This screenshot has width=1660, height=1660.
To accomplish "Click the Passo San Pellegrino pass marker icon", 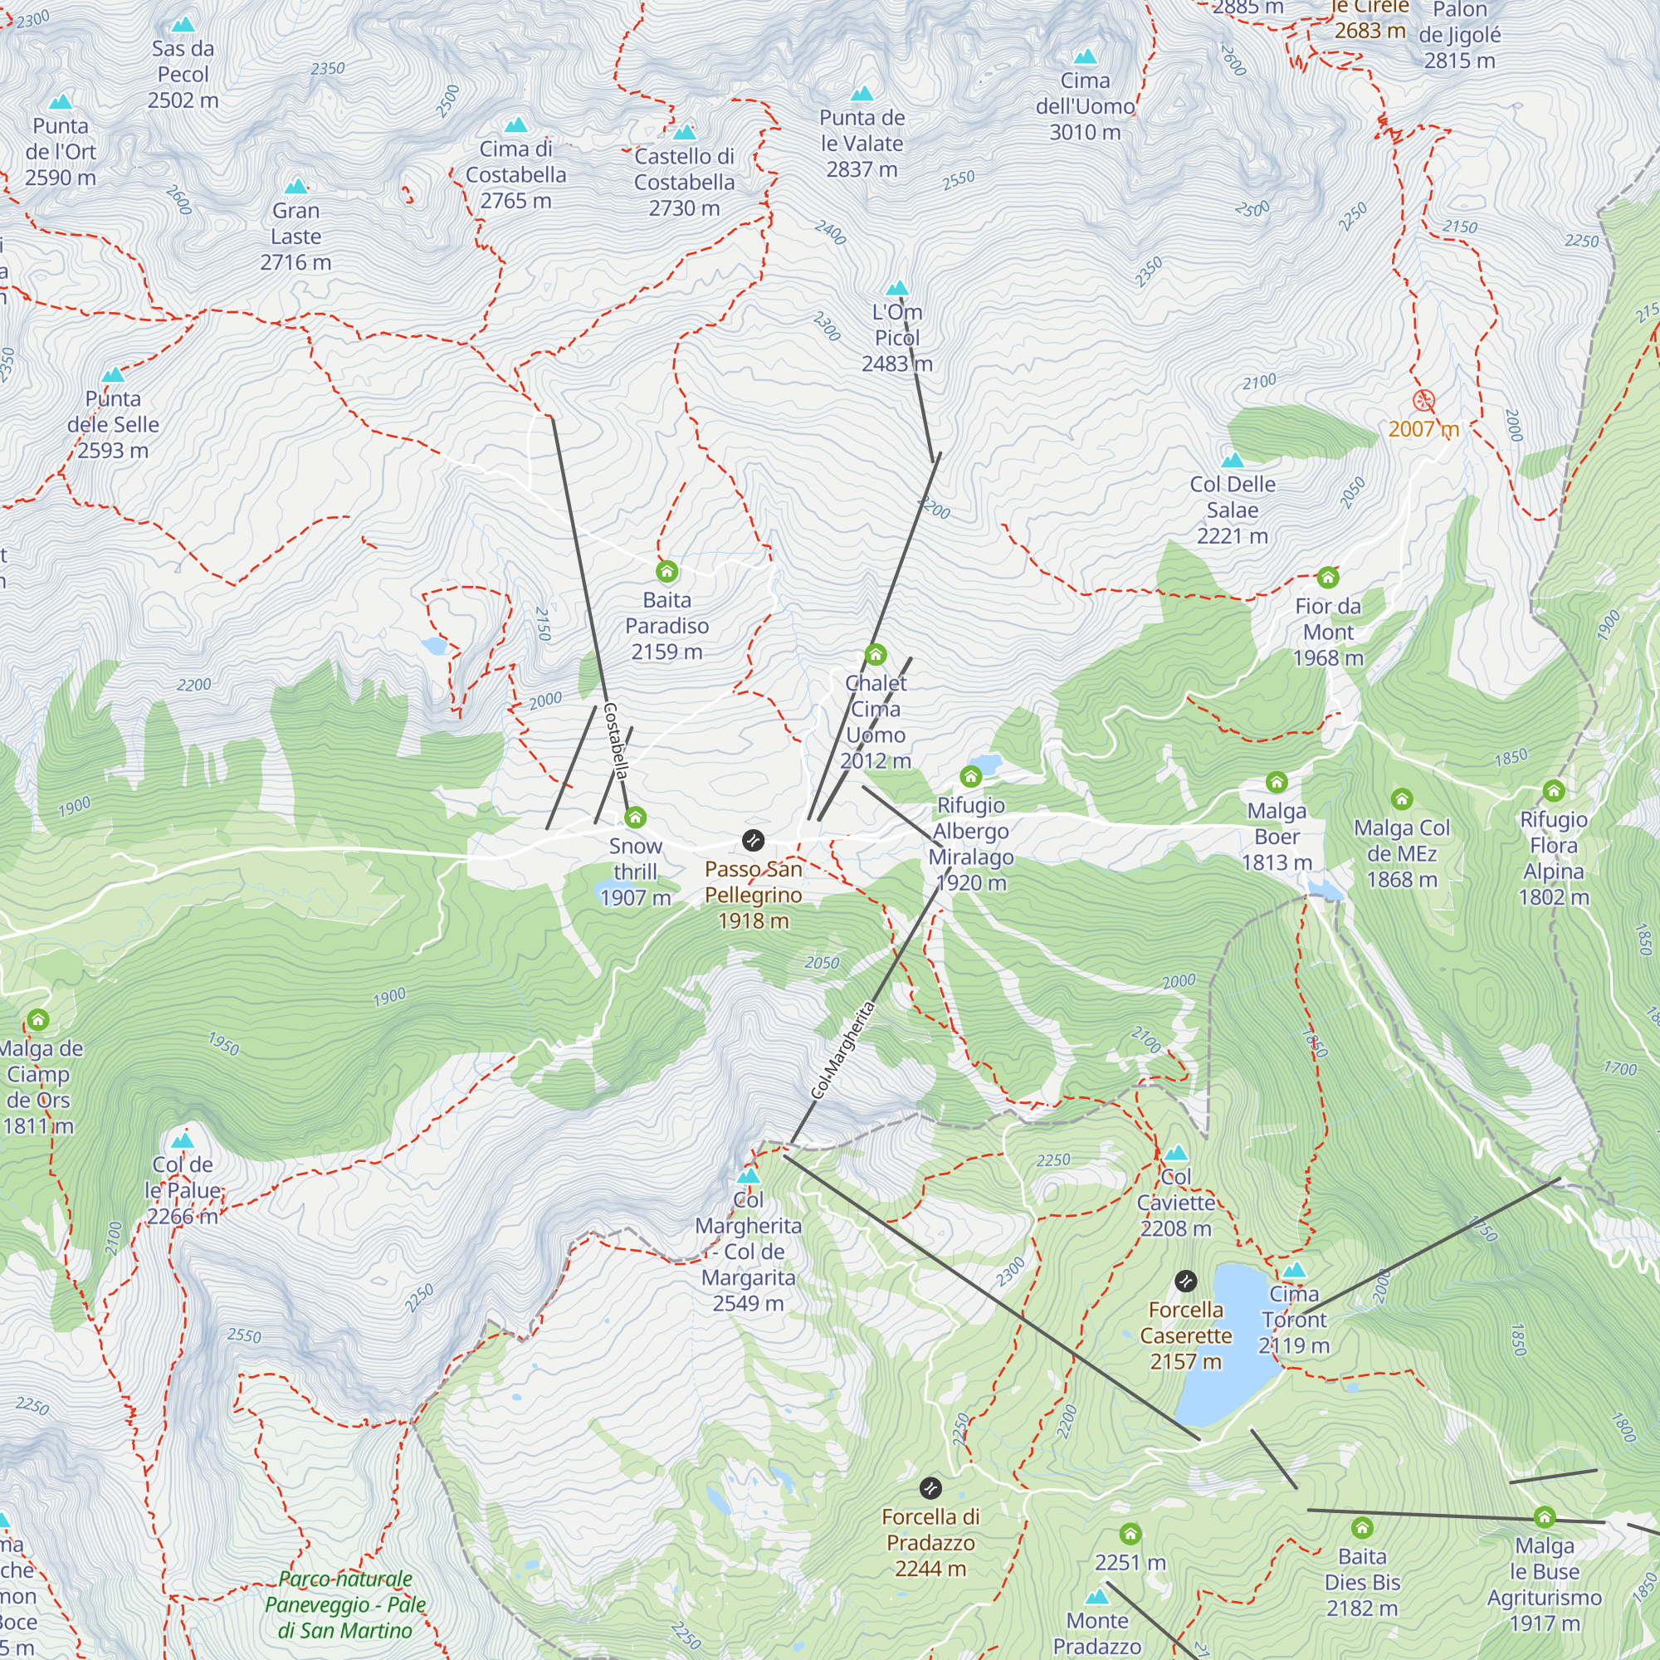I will point(753,840).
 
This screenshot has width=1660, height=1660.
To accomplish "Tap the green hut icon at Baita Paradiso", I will point(666,571).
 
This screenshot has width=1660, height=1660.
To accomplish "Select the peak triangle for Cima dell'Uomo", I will point(1085,57).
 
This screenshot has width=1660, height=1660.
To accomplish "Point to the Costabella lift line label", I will point(615,740).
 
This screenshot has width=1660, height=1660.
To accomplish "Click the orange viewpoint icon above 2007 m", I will point(1423,400).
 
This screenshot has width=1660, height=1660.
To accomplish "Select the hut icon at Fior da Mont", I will point(1327,577).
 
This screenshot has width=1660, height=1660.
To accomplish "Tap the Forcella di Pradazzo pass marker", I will point(930,1488).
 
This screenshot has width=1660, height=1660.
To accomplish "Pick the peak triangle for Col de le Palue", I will point(182,1141).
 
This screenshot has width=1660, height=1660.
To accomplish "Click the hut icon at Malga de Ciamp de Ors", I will point(38,1020).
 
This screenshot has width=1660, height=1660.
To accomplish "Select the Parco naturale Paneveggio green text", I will point(345,1604).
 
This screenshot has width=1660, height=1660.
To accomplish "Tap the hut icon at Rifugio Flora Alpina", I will point(1554,790).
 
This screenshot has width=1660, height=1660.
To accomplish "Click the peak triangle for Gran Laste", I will point(295,187).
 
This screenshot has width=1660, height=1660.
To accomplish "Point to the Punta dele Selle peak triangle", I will point(113,374).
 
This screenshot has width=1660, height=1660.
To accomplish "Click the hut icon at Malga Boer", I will point(1277,782).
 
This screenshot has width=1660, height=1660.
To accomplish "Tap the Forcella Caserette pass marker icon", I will point(1186,1281).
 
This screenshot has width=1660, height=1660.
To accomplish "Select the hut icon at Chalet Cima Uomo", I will point(876,655).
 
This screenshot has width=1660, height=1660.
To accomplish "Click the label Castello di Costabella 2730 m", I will point(684,182).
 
